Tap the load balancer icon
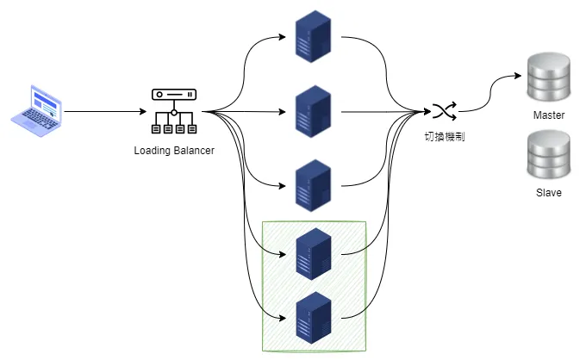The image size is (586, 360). point(173,111)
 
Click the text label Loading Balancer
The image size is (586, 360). point(174,151)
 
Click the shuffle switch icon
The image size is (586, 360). point(445,111)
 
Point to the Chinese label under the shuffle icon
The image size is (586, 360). point(445,136)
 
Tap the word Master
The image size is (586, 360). point(549,115)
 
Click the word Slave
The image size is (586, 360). point(548,193)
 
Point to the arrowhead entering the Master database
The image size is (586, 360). point(520,76)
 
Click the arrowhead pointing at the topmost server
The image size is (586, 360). point(285,37)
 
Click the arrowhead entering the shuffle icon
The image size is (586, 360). point(427,112)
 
